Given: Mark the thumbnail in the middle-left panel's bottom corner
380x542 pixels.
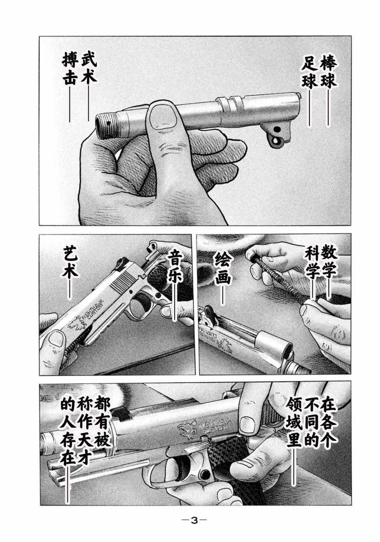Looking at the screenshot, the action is pyautogui.click(x=56, y=338).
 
